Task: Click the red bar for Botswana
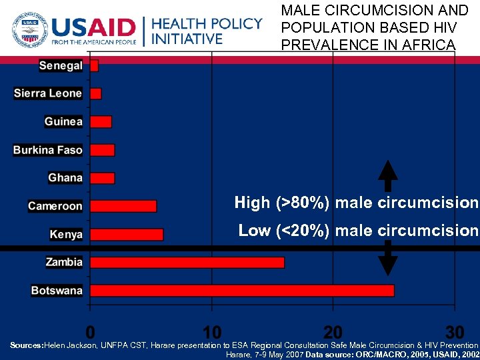[241, 290]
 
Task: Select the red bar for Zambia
[187, 262]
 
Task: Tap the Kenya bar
[126, 234]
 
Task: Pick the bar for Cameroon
[123, 206]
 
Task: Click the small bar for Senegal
[94, 65]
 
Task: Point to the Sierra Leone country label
[48, 93]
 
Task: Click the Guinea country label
[63, 121]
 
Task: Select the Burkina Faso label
[48, 150]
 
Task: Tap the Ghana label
[65, 178]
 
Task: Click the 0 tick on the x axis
[90, 331]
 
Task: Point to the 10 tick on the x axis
[211, 331]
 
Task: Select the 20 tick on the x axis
[333, 331]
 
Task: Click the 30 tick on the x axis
[455, 331]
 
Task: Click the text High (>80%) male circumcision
[356, 203]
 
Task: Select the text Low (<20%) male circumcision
[358, 231]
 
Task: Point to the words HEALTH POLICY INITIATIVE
[207, 31]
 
